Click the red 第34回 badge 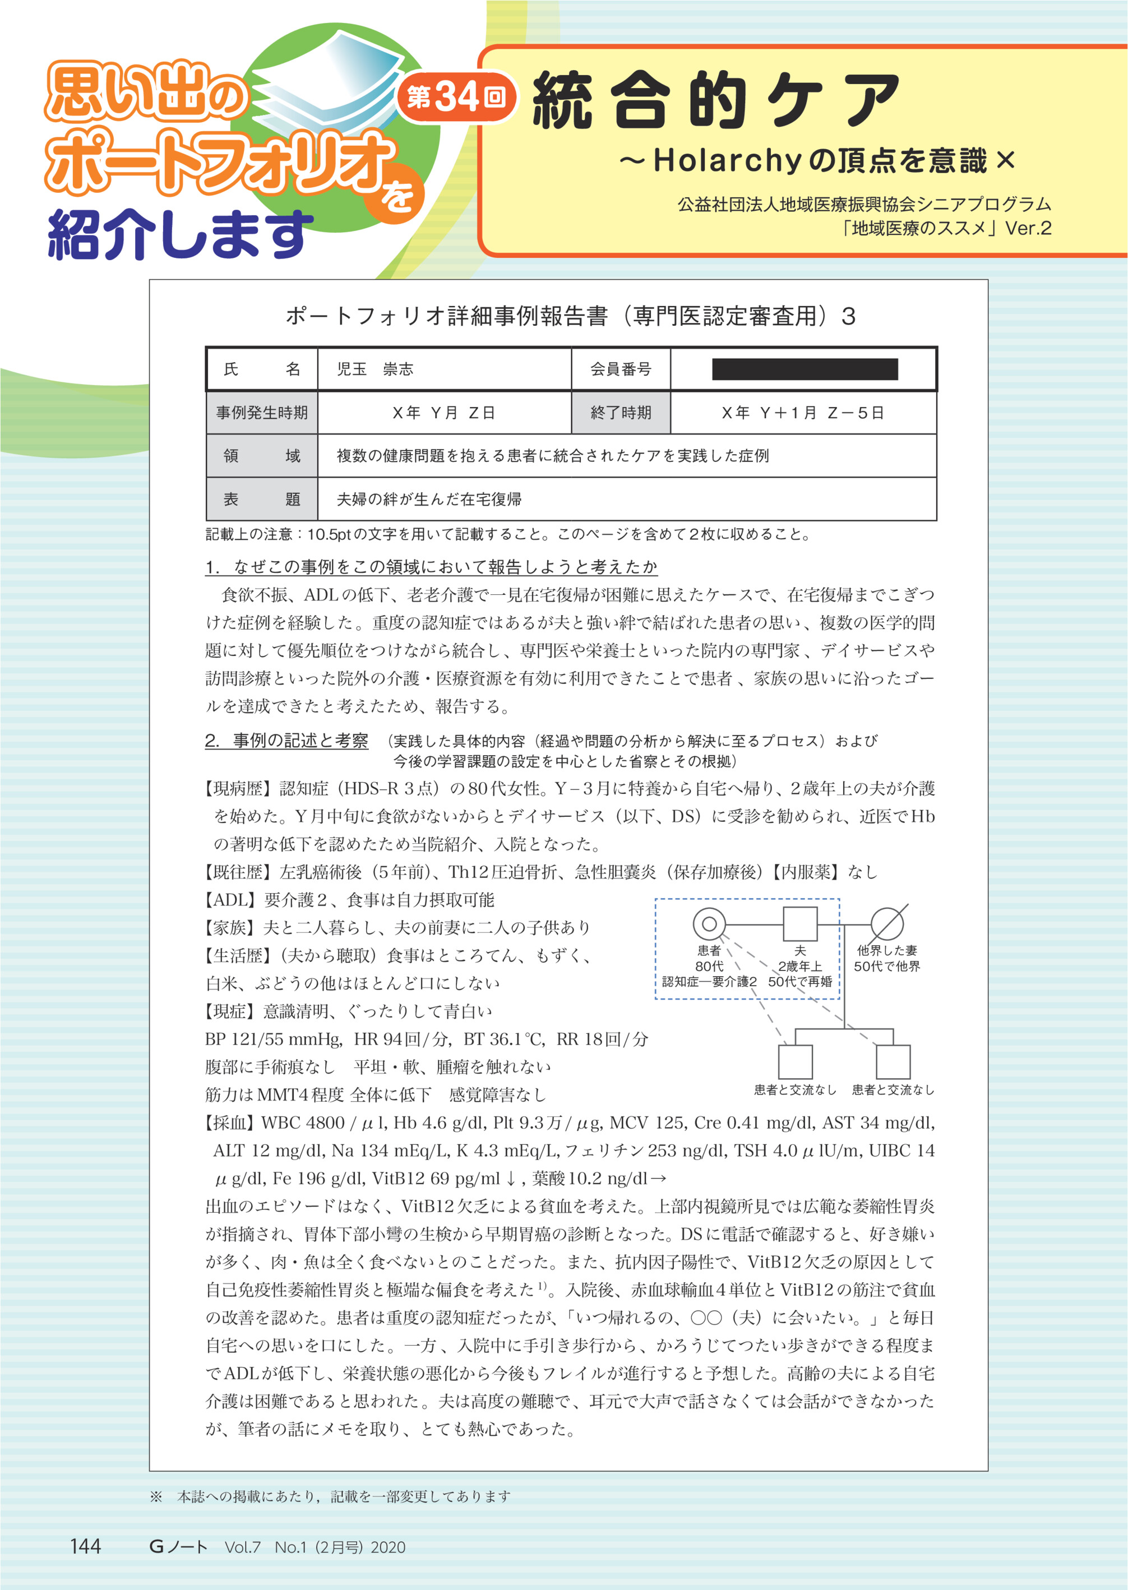(x=456, y=98)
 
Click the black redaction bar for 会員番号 (x=805, y=369)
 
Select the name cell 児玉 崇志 (x=375, y=369)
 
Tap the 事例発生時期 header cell (x=262, y=413)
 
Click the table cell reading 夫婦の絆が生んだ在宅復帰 (x=429, y=499)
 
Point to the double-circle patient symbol (x=709, y=924)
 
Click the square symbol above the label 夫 (x=799, y=924)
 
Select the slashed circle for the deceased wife (x=887, y=924)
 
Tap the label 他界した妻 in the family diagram (x=887, y=950)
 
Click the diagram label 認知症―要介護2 (x=709, y=982)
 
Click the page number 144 (x=85, y=1546)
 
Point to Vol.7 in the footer (x=242, y=1547)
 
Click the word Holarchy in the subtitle (x=727, y=161)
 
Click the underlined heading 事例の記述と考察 (x=300, y=741)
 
